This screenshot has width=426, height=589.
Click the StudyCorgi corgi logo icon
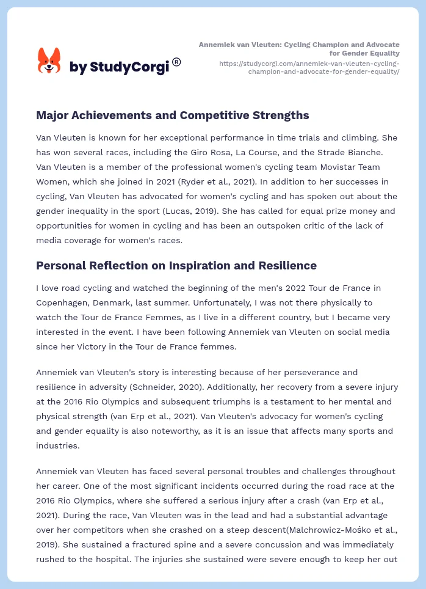coord(49,60)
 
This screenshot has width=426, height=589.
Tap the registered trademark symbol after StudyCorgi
coord(176,62)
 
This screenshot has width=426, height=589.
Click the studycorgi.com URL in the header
coord(309,67)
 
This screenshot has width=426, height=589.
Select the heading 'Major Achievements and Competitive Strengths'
coord(172,115)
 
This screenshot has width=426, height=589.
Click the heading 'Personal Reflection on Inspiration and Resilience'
coord(176,265)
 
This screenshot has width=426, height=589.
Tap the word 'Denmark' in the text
coord(120,302)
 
